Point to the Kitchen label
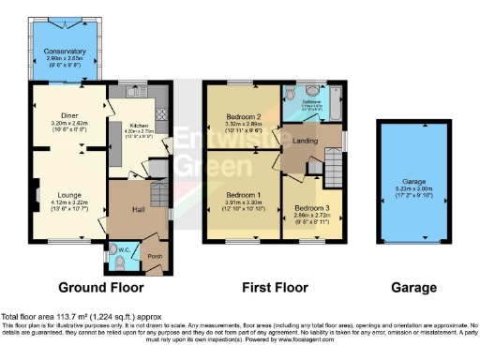137,125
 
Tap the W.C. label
125,249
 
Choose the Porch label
154,256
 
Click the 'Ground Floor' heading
100,288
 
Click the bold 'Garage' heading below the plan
413,288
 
